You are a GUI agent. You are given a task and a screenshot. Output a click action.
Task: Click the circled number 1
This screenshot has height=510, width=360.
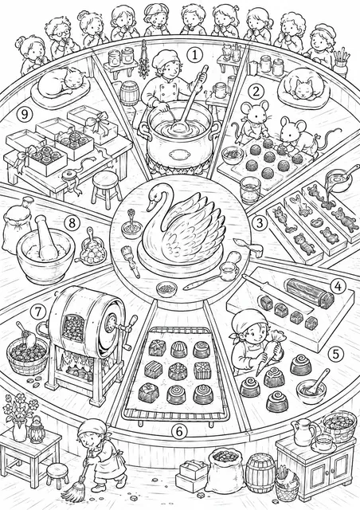pyautogui.click(x=194, y=55)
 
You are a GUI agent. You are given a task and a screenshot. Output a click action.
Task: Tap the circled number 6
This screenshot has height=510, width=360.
pyautogui.click(x=179, y=431)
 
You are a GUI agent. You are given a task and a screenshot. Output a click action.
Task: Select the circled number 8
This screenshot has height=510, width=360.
pyautogui.click(x=72, y=223)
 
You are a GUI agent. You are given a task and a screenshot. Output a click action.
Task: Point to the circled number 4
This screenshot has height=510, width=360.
pyautogui.click(x=338, y=287)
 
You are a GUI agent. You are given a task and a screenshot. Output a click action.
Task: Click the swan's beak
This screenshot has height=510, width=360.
pyautogui.click(x=150, y=206)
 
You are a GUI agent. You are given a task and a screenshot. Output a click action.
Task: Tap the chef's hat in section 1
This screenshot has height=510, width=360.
pyautogui.click(x=166, y=57)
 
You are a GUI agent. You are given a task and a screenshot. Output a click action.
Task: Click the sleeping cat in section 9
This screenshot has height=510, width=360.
pyautogui.click(x=62, y=81)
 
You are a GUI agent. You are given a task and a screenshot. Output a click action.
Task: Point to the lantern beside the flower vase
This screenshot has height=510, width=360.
pyautogui.click(x=35, y=430)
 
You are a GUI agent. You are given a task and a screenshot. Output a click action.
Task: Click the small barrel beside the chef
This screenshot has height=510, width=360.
pyautogui.click(x=130, y=93)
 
